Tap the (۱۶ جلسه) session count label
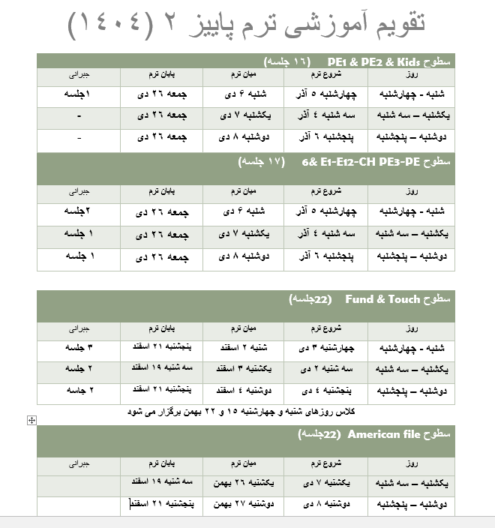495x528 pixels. (289, 61)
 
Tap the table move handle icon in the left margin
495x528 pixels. (31, 420)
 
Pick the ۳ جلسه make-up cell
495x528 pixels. (79, 348)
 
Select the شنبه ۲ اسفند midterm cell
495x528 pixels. (241, 348)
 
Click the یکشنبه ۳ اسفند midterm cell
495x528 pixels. (241, 370)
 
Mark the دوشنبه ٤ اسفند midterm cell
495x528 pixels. (241, 391)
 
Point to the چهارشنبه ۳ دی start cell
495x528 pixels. (325, 348)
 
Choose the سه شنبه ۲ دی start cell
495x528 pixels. (325, 370)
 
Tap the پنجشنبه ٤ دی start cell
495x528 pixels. (325, 391)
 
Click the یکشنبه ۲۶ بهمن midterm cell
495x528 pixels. (241, 484)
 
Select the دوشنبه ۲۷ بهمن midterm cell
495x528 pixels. (241, 505)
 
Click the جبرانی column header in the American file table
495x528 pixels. (79, 464)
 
